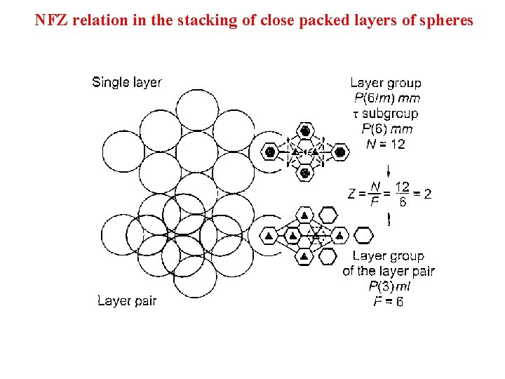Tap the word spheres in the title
pos(447,20)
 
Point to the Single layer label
pos(127,82)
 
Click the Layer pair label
pos(127,301)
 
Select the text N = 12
pos(386,145)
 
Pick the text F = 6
pos(389,302)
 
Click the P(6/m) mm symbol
pos(387,98)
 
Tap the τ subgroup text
pos(386,114)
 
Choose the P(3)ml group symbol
pos(389,286)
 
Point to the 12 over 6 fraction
pos(402,194)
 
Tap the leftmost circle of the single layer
pos(123,152)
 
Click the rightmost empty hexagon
pos(364,235)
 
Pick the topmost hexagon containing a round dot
pos(304,131)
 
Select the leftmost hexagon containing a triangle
pos(269,236)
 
